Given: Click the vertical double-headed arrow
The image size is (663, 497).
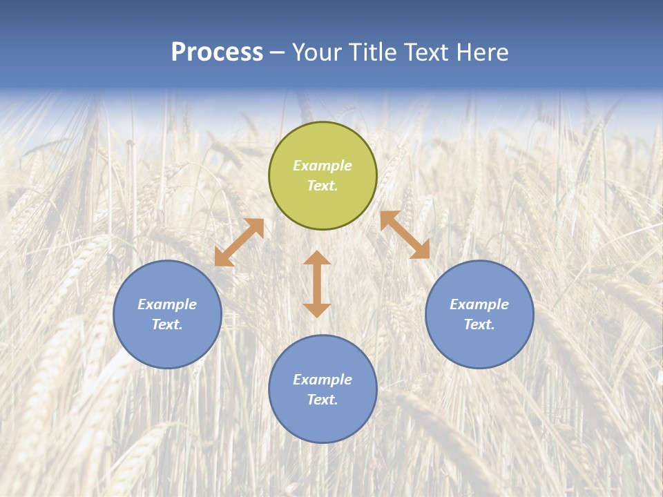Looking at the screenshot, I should tap(317, 284).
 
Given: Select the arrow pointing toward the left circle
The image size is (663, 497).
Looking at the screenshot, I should tap(239, 242).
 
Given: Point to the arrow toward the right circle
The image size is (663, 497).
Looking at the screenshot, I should tap(405, 235).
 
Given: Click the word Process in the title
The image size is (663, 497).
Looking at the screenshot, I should tap(217, 52).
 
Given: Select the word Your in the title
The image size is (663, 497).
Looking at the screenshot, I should tap(316, 52).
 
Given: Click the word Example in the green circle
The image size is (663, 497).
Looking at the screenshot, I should tap(323, 166).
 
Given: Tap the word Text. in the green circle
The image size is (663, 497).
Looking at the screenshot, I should tap(323, 186).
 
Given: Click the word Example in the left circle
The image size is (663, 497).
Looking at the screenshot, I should tap(167, 304).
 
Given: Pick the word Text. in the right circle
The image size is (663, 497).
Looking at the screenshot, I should tap(479, 324).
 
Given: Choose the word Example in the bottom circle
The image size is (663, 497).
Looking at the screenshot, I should tap(323, 380).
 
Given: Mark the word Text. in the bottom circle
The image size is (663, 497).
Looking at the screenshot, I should tap(323, 400).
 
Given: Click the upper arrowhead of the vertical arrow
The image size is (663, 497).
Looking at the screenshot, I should tap(317, 258).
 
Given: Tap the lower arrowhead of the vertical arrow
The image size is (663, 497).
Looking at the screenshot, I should tap(317, 310).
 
